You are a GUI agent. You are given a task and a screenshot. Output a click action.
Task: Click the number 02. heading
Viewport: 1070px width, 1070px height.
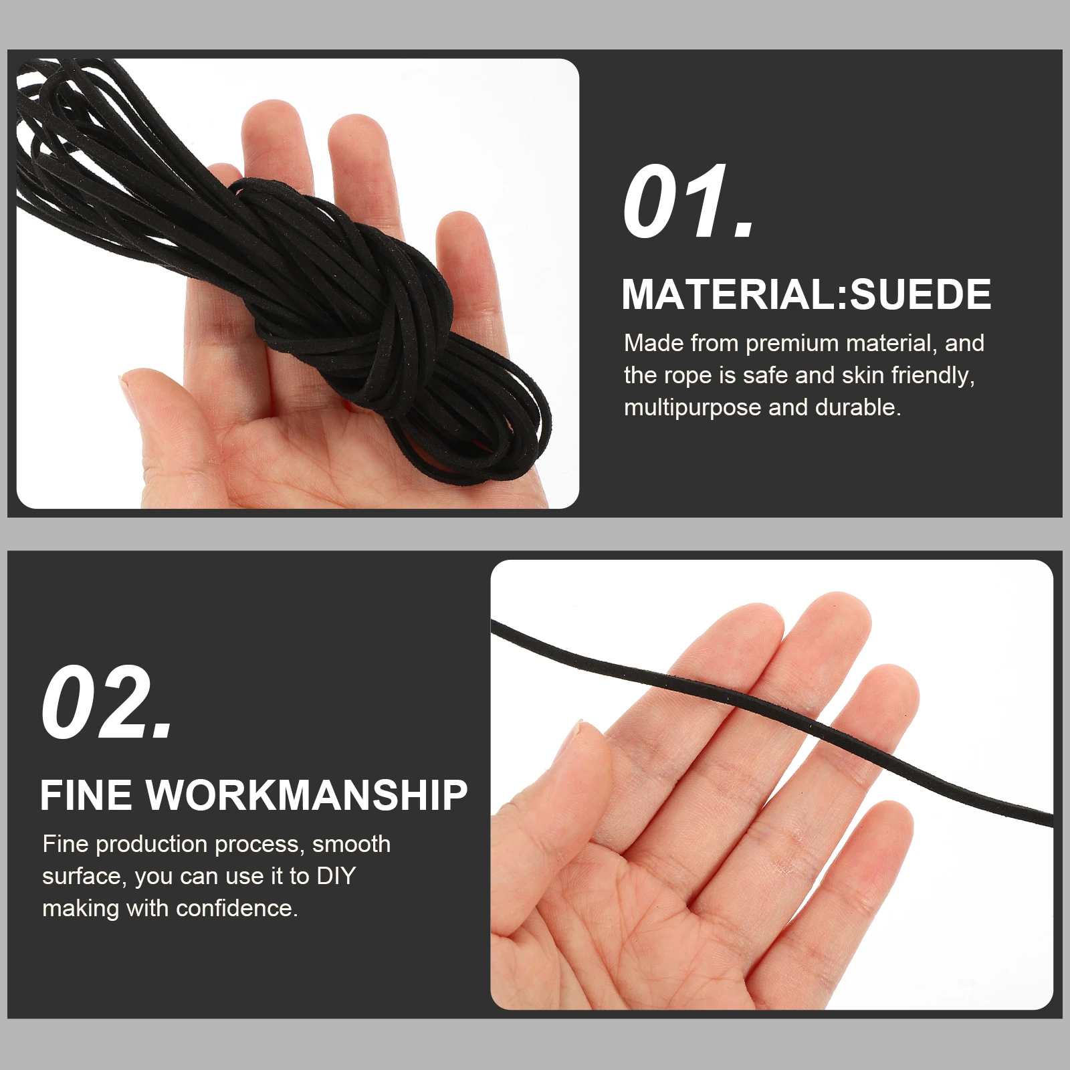[x=107, y=703]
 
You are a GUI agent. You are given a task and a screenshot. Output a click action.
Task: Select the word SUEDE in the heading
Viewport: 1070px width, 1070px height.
[x=920, y=295]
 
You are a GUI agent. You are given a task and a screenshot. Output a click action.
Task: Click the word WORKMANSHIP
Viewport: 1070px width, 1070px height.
[x=307, y=796]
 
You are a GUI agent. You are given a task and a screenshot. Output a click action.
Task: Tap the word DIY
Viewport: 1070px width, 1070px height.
[x=336, y=876]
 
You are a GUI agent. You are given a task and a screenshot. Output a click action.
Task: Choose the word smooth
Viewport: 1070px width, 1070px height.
[x=351, y=844]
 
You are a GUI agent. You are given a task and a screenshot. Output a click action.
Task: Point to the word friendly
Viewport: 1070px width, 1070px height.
[x=932, y=376]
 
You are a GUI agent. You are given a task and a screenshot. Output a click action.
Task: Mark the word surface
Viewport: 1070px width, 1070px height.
[x=84, y=877]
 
